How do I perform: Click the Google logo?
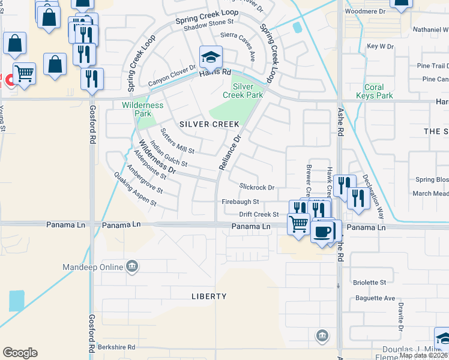[x=20, y=353]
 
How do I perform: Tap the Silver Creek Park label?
[x=243, y=91]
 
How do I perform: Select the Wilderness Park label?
[x=142, y=109]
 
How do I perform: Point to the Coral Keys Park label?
[x=374, y=91]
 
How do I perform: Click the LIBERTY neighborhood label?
[x=209, y=296]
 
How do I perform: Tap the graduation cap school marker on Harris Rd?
[x=211, y=58]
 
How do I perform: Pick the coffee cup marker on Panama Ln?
[x=322, y=232]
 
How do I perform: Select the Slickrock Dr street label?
[x=256, y=187]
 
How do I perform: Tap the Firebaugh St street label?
[x=240, y=202]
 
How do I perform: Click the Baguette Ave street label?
[x=373, y=298]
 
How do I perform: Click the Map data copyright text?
[x=423, y=355]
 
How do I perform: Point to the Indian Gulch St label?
[x=169, y=154]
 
